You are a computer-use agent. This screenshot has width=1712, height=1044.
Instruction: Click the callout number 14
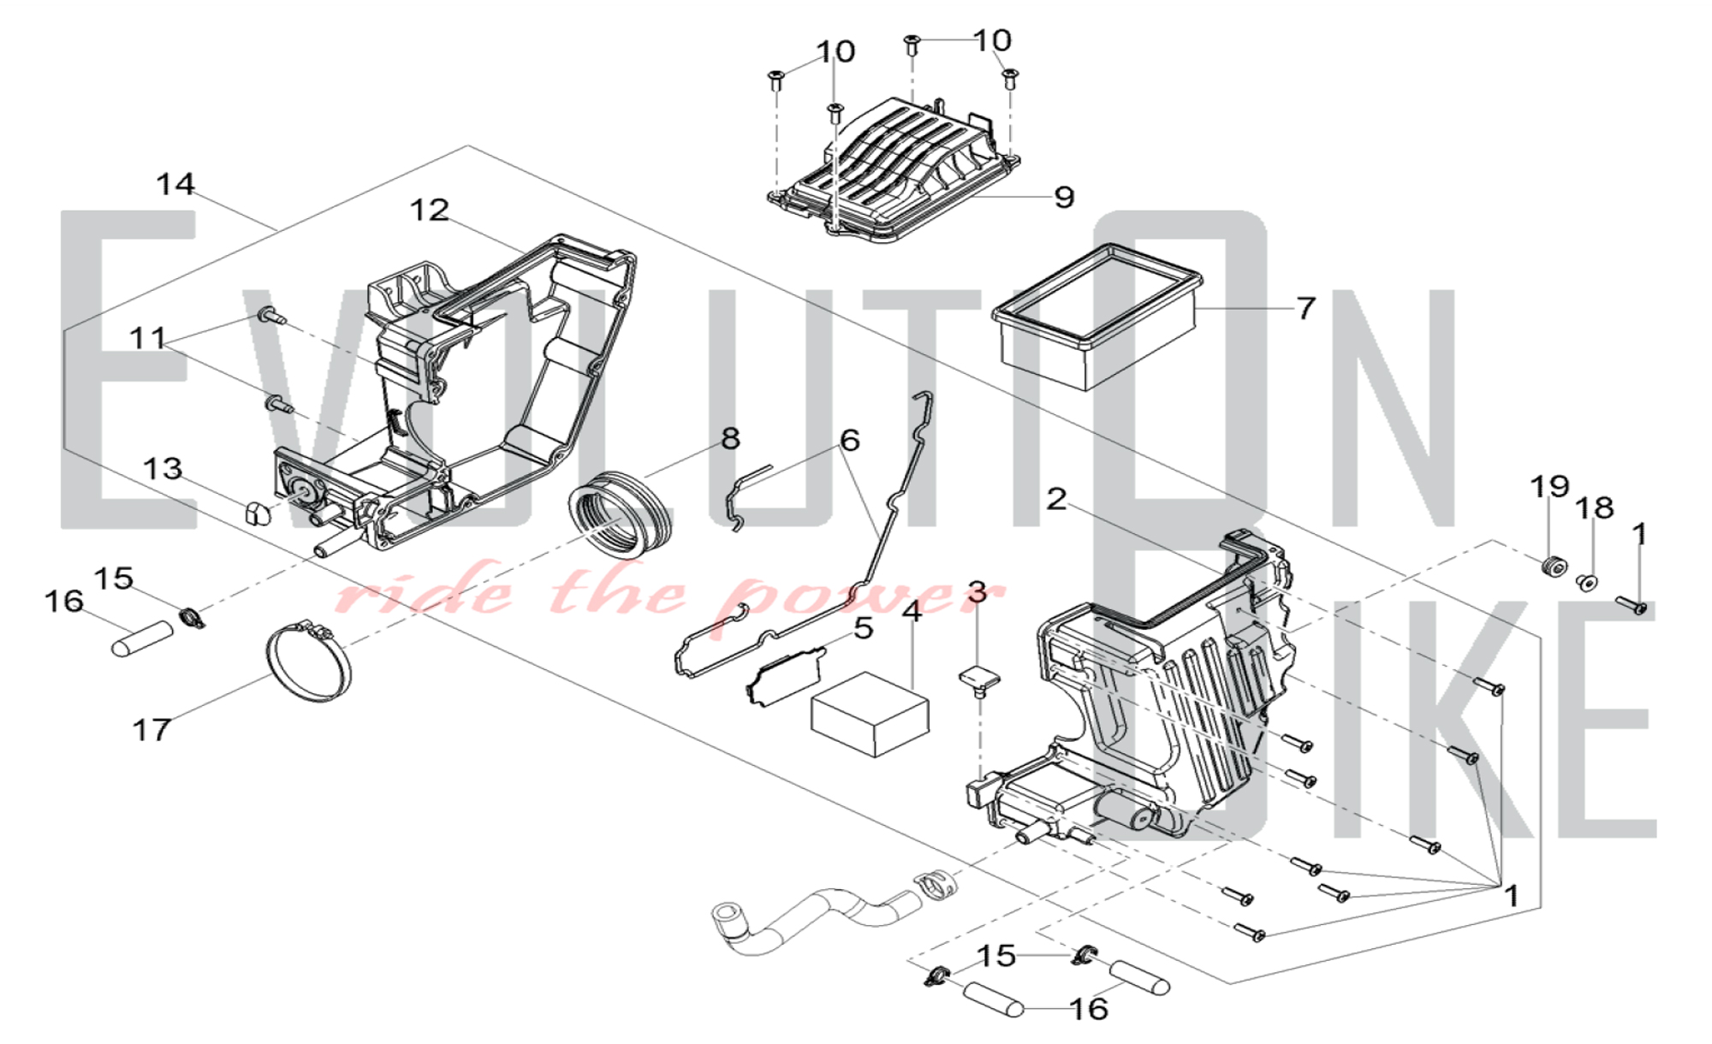(175, 184)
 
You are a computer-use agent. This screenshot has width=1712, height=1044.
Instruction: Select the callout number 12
(429, 210)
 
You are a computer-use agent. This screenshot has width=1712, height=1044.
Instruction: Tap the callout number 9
(1064, 197)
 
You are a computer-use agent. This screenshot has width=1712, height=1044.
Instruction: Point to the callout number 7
(1305, 308)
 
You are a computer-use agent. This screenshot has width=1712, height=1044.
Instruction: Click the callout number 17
(152, 730)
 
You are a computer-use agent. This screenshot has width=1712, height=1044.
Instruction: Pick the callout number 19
(1549, 487)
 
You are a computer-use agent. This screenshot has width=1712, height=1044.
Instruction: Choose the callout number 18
(1595, 507)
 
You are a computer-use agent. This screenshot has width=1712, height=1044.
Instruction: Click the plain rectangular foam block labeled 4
(870, 714)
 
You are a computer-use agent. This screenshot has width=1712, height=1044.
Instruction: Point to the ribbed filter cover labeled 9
(895, 170)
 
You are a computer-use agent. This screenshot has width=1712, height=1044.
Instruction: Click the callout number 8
(730, 439)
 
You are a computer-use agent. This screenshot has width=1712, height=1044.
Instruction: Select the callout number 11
(147, 338)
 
